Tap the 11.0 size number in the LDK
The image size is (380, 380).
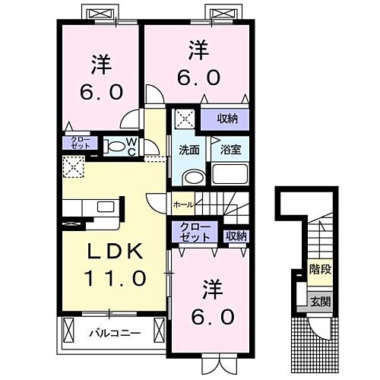click(114, 279)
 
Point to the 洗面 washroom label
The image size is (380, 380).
click(189, 150)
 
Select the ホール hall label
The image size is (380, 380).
click(183, 204)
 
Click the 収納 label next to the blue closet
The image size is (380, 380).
click(236, 236)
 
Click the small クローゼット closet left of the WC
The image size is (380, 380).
click(80, 142)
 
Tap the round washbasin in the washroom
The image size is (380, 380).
click(194, 177)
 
